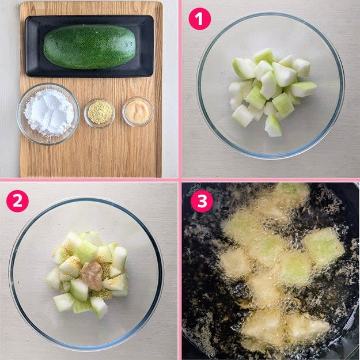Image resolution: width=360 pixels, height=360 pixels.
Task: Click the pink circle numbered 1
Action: click(199, 19)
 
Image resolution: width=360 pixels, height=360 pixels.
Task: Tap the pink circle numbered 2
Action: click(17, 201)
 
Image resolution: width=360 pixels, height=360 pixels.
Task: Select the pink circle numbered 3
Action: click(202, 201)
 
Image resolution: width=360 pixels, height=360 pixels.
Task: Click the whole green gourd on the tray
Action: click(89, 47)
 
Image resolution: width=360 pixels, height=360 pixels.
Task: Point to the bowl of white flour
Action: click(48, 114)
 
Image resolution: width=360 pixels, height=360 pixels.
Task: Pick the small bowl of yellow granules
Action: click(100, 112)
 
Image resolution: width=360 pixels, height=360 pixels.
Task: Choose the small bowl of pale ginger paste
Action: click(138, 112)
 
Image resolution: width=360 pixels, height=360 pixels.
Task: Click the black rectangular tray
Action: click(89, 46)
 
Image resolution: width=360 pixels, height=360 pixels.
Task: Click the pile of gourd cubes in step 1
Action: click(272, 92)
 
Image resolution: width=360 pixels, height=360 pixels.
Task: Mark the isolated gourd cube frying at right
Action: click(323, 246)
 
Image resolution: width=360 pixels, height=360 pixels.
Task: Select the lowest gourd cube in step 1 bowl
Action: click(273, 126)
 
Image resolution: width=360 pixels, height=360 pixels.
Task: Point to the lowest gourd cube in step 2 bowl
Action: click(98, 307)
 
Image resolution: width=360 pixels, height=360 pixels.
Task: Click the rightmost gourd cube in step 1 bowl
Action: click(304, 89)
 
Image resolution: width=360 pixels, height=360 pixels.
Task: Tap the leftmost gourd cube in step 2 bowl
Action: click(53, 278)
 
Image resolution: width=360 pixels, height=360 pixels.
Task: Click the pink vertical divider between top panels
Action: click(180, 89)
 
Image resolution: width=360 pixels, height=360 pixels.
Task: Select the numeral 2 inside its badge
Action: click(17, 201)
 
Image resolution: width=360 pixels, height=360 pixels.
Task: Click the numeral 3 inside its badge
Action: click(202, 201)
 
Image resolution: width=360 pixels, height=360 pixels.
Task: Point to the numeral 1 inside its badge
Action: click(199, 19)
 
